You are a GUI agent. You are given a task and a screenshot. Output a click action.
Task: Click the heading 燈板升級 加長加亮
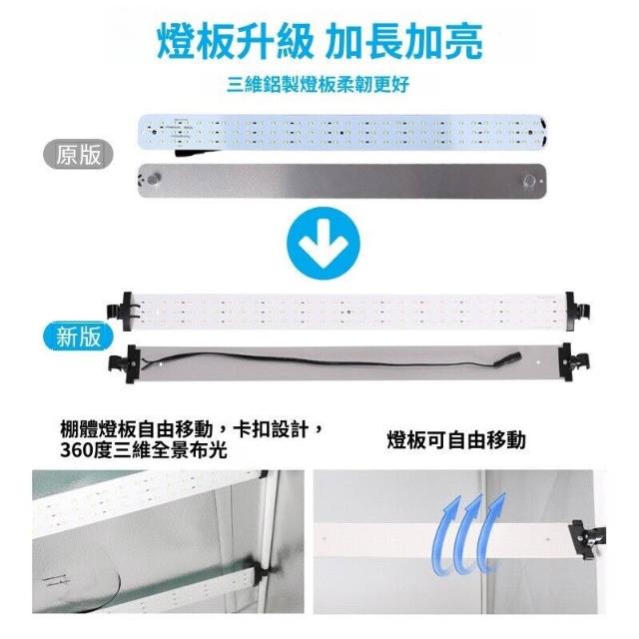point(319,41)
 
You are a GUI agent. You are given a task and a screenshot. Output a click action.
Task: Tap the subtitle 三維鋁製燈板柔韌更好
point(318,84)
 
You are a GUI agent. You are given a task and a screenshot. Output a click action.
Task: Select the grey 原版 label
point(78,155)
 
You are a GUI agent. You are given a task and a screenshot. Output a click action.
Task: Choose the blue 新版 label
point(78,336)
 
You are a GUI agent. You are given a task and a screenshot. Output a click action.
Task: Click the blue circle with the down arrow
point(323,244)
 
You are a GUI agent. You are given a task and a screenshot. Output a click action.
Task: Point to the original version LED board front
point(342,132)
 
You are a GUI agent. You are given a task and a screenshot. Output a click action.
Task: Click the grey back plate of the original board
point(342,181)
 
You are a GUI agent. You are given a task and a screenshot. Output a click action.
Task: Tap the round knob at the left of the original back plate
point(154,179)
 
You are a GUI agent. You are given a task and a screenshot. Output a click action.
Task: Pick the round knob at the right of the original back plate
point(529,181)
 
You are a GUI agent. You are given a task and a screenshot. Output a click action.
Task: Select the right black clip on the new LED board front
point(577,311)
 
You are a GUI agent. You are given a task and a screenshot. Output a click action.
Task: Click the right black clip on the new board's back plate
point(572,362)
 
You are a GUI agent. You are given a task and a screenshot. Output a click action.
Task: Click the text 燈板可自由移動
point(456,440)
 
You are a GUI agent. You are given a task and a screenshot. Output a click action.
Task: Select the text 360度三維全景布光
point(144,450)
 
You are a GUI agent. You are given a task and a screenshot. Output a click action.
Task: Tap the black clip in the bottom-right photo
point(587,539)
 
